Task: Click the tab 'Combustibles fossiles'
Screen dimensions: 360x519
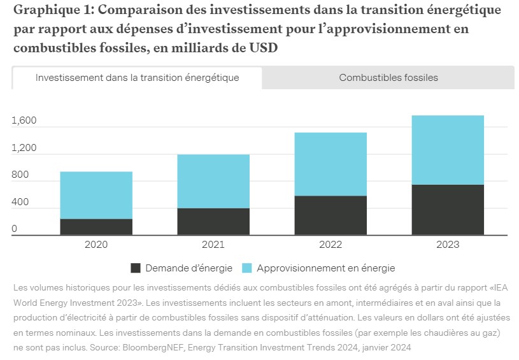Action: pyautogui.click(x=388, y=78)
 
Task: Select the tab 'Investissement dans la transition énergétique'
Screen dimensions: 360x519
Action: pyautogui.click(x=137, y=78)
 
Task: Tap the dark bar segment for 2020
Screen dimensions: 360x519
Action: pyautogui.click(x=96, y=227)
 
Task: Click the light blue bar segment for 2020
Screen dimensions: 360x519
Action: pyautogui.click(x=96, y=195)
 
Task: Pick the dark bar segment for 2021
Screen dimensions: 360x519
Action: pyautogui.click(x=213, y=222)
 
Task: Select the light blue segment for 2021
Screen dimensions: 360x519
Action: pyautogui.click(x=213, y=181)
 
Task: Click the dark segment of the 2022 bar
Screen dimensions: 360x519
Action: pyautogui.click(x=331, y=215)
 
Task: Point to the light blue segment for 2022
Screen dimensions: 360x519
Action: pyautogui.click(x=331, y=164)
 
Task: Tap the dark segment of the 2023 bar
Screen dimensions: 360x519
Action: pyautogui.click(x=448, y=210)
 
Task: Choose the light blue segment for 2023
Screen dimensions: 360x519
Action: pyautogui.click(x=448, y=150)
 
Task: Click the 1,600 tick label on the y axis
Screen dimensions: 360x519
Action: pyautogui.click(x=24, y=121)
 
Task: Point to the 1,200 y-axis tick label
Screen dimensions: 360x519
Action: pyautogui.click(x=24, y=148)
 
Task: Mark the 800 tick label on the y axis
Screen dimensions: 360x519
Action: pyautogui.click(x=20, y=175)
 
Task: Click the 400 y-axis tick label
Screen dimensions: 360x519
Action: pyautogui.click(x=20, y=202)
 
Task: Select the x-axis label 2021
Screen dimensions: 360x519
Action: pyautogui.click(x=213, y=245)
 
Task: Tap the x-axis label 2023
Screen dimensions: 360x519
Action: pyautogui.click(x=448, y=245)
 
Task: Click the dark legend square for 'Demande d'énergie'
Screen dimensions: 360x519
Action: pyautogui.click(x=135, y=268)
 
